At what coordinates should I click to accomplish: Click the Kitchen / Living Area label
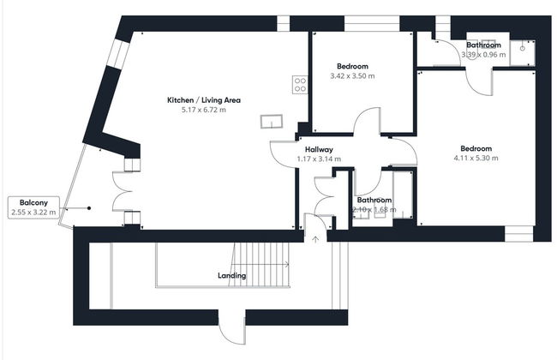(203, 100)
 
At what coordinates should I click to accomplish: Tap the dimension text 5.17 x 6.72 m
(203, 111)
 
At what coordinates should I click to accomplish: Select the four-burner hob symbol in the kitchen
(300, 84)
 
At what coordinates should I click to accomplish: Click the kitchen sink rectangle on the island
(273, 121)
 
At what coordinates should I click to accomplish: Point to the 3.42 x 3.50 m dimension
(352, 76)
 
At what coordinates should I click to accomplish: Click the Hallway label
(319, 149)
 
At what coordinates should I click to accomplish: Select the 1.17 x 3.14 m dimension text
(319, 159)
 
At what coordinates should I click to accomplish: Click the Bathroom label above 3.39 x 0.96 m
(483, 45)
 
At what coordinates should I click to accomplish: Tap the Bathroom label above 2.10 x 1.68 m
(374, 200)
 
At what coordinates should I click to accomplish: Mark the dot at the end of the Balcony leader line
(88, 207)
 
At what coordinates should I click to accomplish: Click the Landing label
(231, 275)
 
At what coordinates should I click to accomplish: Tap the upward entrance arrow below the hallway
(315, 239)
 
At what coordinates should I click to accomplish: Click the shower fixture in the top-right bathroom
(524, 52)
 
